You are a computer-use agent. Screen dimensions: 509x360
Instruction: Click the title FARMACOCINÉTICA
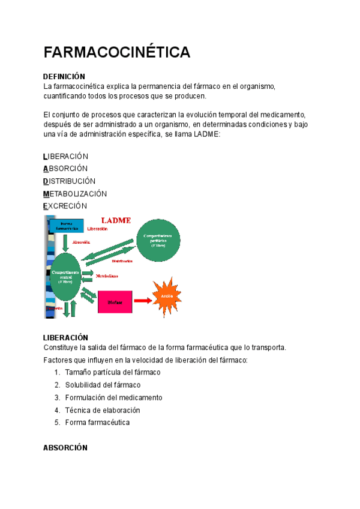pos(117,53)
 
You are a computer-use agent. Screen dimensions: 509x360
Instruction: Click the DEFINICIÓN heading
pos(64,77)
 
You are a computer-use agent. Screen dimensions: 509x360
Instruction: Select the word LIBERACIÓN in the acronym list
pos(66,156)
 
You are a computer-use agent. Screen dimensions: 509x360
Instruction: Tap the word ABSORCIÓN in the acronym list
pos(65,169)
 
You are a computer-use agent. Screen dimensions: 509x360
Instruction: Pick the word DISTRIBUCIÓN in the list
pos(70,181)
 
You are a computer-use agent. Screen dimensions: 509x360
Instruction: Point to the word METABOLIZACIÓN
pos(75,194)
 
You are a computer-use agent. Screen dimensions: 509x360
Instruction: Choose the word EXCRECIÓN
pos(65,206)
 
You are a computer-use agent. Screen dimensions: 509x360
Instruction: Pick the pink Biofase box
pos(115,301)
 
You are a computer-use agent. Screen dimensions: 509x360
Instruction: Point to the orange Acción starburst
pos(166,295)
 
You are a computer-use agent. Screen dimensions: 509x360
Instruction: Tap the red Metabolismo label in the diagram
pos(107,276)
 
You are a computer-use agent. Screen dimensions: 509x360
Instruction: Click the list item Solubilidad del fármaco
pos(103,385)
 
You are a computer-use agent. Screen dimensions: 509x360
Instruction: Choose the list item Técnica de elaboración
pos(103,410)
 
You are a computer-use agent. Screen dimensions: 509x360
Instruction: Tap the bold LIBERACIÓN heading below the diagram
pos(66,338)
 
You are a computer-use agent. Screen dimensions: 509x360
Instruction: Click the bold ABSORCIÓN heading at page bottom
pos(65,448)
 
